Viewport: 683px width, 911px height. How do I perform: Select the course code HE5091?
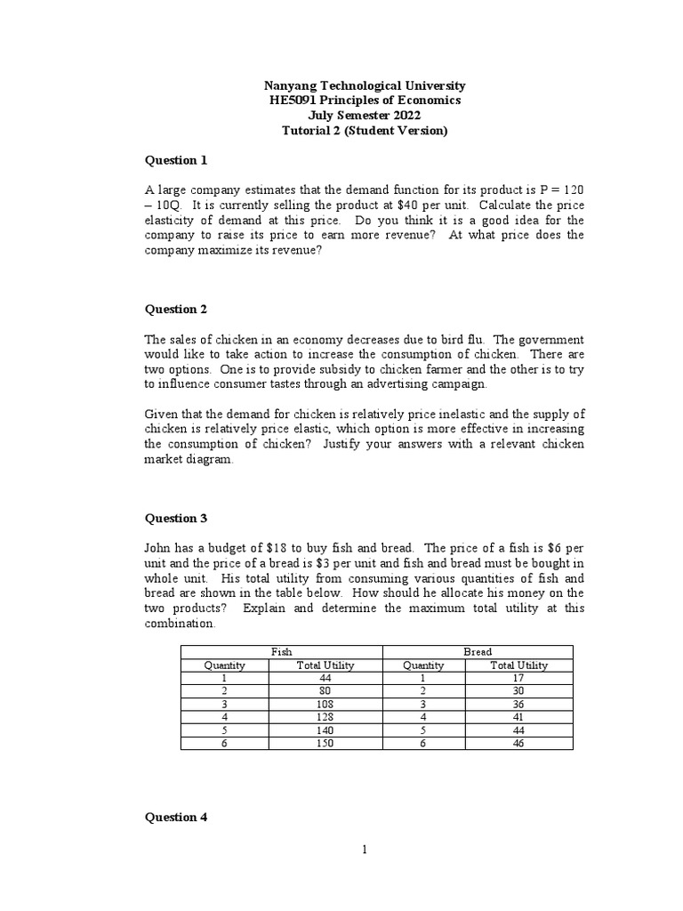point(293,101)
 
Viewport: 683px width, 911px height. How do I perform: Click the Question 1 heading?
point(176,160)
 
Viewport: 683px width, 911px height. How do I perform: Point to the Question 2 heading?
point(176,310)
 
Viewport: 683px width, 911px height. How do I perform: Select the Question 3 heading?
point(176,519)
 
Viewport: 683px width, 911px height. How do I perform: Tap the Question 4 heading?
point(176,818)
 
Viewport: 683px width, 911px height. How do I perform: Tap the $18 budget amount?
point(276,548)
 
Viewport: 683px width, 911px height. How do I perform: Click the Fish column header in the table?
point(281,652)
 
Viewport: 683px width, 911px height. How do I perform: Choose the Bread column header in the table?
point(478,652)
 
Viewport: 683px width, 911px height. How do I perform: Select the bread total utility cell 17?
point(518,678)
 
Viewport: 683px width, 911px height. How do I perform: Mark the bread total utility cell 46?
point(518,743)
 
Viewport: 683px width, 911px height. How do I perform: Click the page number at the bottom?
point(364,850)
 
